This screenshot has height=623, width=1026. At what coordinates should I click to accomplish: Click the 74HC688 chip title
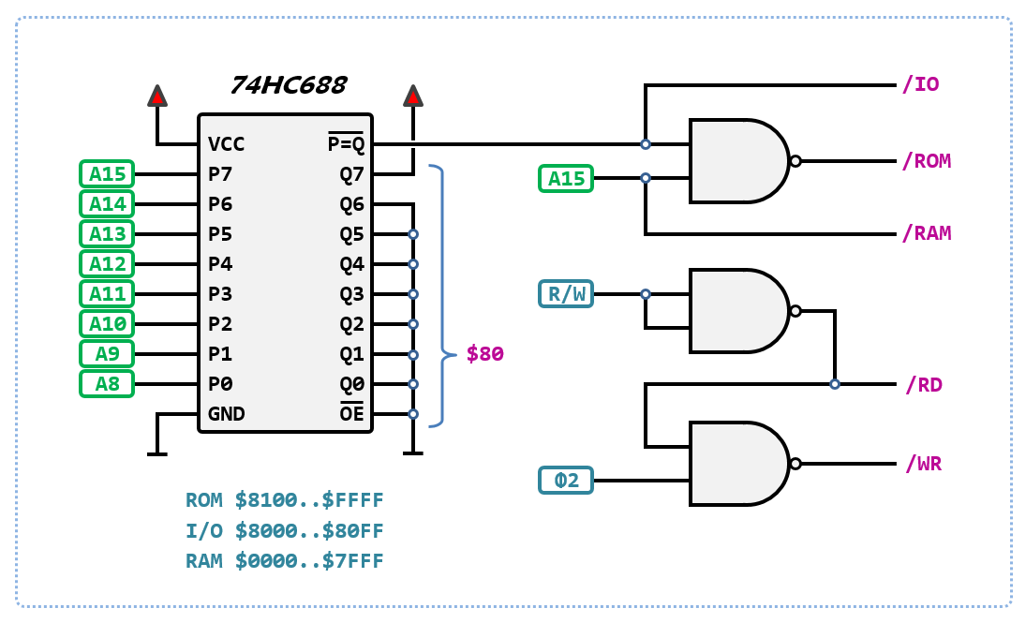(288, 85)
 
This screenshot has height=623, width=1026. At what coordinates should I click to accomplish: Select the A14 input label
(107, 203)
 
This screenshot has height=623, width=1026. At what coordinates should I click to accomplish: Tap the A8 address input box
(107, 383)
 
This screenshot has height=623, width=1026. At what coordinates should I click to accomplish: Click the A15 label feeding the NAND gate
(566, 178)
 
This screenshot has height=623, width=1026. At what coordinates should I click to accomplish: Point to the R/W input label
(566, 294)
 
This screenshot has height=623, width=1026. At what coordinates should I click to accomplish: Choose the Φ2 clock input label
(566, 481)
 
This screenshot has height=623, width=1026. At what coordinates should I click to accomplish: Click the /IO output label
(920, 85)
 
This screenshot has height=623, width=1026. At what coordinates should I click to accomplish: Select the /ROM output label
(926, 161)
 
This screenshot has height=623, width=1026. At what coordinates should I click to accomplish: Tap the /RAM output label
(926, 233)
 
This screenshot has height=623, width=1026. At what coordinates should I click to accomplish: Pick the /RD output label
(923, 384)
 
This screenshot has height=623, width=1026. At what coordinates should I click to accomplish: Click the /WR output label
(923, 464)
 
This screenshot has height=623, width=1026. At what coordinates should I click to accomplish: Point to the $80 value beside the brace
(485, 354)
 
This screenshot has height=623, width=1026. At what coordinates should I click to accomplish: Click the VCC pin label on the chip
(227, 144)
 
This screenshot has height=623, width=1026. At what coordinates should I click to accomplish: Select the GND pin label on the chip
(227, 413)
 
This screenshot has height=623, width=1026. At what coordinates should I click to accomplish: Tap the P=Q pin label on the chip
(345, 143)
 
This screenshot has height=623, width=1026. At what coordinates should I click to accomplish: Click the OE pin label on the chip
(351, 413)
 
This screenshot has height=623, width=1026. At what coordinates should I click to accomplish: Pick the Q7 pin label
(351, 174)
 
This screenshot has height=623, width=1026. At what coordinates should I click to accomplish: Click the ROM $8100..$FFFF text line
(285, 500)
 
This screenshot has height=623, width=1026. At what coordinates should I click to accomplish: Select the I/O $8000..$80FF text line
(285, 531)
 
